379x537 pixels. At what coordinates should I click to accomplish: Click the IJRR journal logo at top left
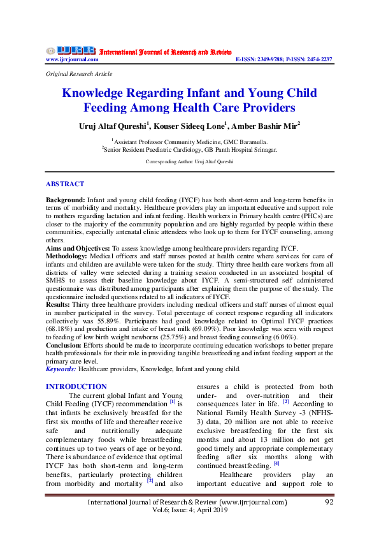[71, 50]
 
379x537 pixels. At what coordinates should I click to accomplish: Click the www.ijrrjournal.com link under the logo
[72, 59]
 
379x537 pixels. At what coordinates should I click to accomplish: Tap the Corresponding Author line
[189, 162]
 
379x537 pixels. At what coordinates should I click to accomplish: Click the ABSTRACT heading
[64, 184]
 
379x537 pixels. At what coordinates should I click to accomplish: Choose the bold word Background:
[66, 200]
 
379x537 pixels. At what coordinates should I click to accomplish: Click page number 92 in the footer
[329, 503]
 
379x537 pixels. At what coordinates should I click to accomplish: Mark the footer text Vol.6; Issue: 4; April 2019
[189, 512]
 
